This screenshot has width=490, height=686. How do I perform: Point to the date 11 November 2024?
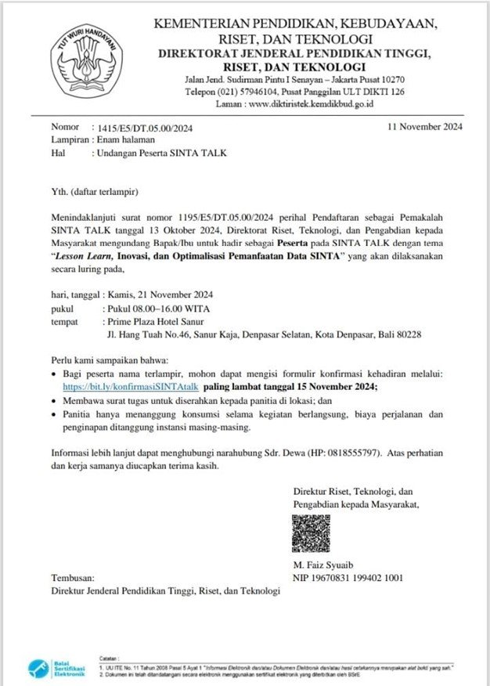tap(425, 126)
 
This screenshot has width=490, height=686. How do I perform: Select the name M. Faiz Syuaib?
tap(323, 565)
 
